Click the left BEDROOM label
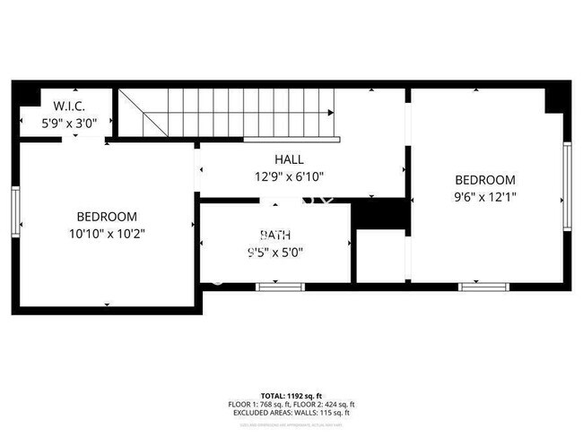(106, 217)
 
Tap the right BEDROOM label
(485, 180)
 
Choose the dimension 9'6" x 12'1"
(485, 196)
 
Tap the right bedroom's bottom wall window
(484, 287)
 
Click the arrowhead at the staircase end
(332, 113)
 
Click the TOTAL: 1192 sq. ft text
(291, 395)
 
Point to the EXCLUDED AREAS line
(291, 413)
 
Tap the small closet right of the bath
(380, 256)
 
